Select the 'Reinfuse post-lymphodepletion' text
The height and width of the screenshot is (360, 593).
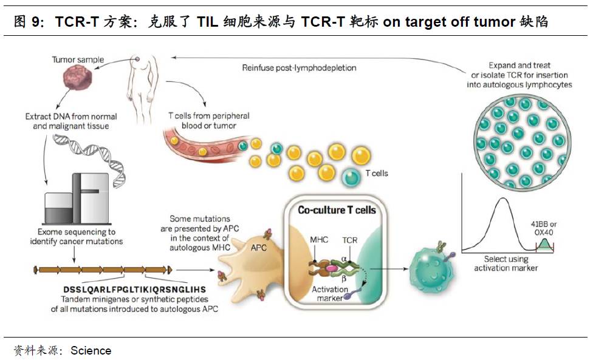[299, 68]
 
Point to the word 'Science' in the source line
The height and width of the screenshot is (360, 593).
[91, 350]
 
